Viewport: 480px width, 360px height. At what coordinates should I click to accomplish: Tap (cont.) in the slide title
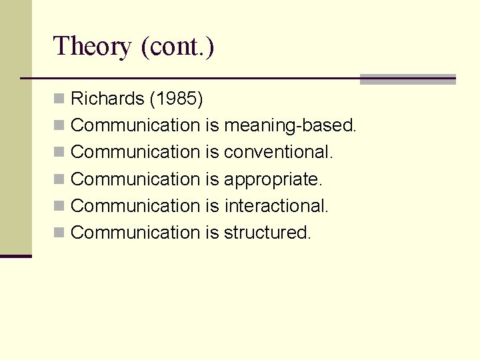tap(177, 47)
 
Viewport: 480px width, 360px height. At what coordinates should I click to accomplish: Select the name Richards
tap(107, 99)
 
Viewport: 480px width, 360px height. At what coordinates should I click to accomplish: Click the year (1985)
tap(176, 99)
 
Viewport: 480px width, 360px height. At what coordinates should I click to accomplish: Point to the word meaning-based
tap(291, 125)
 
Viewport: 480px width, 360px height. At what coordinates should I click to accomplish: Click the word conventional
tap(279, 152)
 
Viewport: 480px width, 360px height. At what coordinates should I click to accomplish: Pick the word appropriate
tap(273, 179)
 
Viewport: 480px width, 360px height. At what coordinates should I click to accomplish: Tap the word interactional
tap(277, 206)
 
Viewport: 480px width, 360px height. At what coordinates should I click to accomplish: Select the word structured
tap(267, 233)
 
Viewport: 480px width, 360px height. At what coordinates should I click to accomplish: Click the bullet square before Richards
tap(59, 99)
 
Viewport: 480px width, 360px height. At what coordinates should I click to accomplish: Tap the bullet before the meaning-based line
tap(59, 125)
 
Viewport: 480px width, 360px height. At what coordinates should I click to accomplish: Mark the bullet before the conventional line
tap(59, 152)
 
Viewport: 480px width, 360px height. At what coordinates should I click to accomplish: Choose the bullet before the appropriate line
tap(59, 179)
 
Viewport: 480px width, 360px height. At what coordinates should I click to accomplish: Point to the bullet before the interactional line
tap(59, 206)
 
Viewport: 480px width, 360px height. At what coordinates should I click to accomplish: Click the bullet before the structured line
tap(59, 233)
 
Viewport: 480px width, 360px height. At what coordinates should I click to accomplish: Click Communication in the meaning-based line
tap(135, 125)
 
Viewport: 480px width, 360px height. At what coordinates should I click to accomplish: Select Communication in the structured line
tap(135, 233)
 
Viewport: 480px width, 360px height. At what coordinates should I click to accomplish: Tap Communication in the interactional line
tap(135, 206)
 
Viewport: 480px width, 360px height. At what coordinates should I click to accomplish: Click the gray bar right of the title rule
tap(407, 79)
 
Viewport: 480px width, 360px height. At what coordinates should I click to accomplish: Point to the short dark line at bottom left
tap(16, 256)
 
